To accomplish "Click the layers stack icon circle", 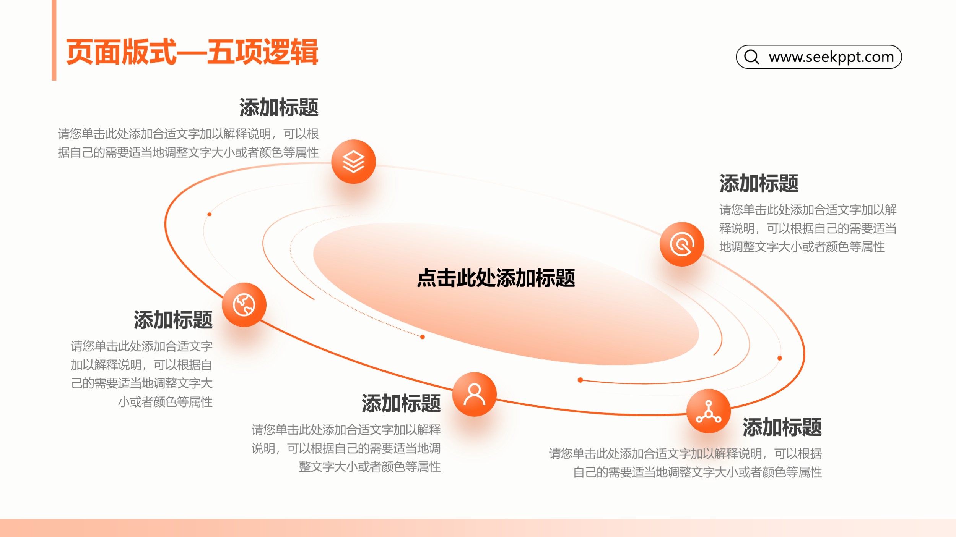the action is pyautogui.click(x=353, y=162).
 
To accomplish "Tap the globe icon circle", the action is pyautogui.click(x=244, y=305).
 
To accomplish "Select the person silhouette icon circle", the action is pyautogui.click(x=474, y=394).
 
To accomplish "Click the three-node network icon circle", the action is pyautogui.click(x=709, y=411).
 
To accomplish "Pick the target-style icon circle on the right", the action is pyautogui.click(x=682, y=244).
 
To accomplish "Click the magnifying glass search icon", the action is pyautogui.click(x=751, y=57).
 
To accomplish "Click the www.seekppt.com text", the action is pyautogui.click(x=831, y=57).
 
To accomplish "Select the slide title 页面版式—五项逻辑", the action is pyautogui.click(x=192, y=52).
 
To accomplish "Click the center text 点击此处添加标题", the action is pyautogui.click(x=496, y=278).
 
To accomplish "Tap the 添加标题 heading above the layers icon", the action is pyautogui.click(x=279, y=107).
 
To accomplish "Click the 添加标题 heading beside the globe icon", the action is pyautogui.click(x=173, y=320).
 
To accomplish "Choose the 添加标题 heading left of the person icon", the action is pyautogui.click(x=401, y=403).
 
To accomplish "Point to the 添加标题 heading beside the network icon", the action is pyautogui.click(x=782, y=427).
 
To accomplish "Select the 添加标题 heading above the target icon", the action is pyautogui.click(x=759, y=183).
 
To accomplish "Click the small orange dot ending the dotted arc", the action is pyautogui.click(x=422, y=337).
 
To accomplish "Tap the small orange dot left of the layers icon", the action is pyautogui.click(x=209, y=214).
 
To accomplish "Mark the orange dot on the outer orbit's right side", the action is pyautogui.click(x=780, y=358).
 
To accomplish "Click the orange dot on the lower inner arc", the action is pyautogui.click(x=580, y=380).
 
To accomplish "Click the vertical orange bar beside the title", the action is pyautogui.click(x=54, y=40).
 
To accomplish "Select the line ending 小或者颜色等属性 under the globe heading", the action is pyautogui.click(x=165, y=402).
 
